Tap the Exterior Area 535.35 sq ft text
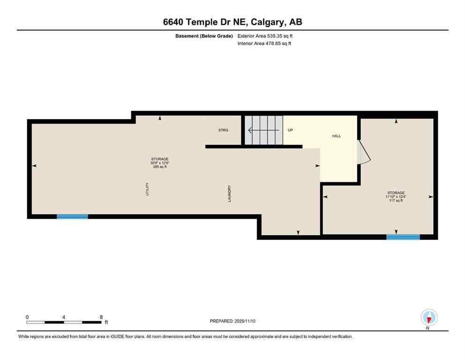click(266, 36)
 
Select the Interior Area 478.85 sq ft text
click(265, 44)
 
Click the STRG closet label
click(223, 130)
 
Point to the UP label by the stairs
click(290, 130)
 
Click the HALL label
click(336, 136)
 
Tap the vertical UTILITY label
click(148, 188)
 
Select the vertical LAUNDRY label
click(230, 193)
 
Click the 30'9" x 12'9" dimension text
click(159, 163)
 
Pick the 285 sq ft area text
click(159, 166)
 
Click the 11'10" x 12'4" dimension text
click(396, 196)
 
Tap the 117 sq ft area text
click(396, 200)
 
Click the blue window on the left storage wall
click(72, 216)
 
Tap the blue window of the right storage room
click(403, 237)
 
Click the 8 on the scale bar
click(101, 317)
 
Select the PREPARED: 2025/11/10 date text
click(232, 321)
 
